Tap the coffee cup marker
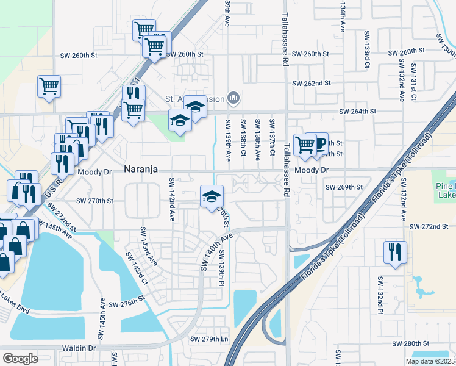[318, 145]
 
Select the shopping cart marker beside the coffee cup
[304, 145]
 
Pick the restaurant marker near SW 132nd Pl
[394, 252]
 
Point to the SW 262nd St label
[311, 83]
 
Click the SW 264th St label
[357, 112]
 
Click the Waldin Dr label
[79, 348]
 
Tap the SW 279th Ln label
[208, 339]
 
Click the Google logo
[21, 358]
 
